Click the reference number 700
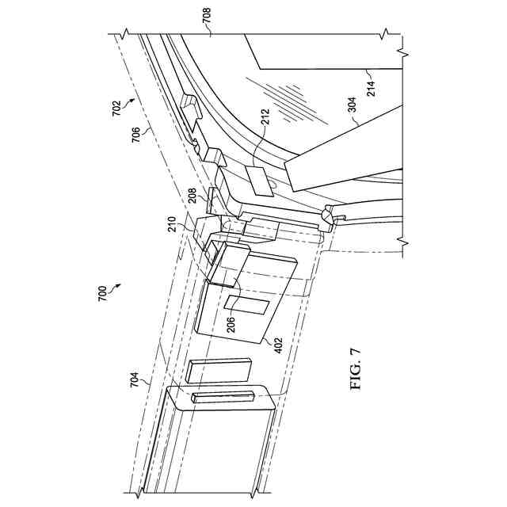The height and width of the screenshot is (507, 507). click(x=101, y=301)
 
